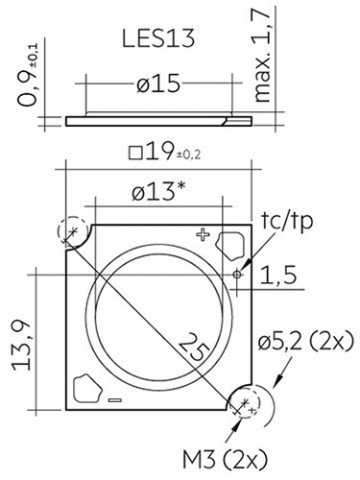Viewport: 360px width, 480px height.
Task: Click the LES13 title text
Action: [x=158, y=38]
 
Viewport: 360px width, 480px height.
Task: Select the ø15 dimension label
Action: [x=158, y=83]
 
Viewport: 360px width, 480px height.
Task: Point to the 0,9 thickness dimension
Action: [x=29, y=75]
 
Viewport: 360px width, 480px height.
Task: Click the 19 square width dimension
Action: [x=165, y=152]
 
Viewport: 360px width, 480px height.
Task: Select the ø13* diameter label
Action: [x=158, y=192]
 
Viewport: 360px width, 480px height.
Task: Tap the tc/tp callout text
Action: [x=287, y=221]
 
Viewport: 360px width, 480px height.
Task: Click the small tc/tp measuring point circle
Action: [x=237, y=274]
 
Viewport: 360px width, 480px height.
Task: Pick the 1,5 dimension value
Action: [x=278, y=275]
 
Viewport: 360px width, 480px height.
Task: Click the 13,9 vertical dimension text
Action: [x=22, y=346]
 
